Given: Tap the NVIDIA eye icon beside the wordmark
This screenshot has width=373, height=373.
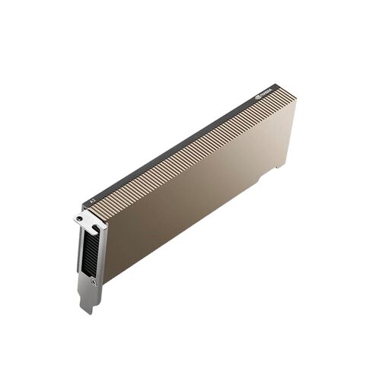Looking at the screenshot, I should pos(260,97).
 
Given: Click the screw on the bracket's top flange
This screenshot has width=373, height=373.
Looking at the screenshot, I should pos(79,219).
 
